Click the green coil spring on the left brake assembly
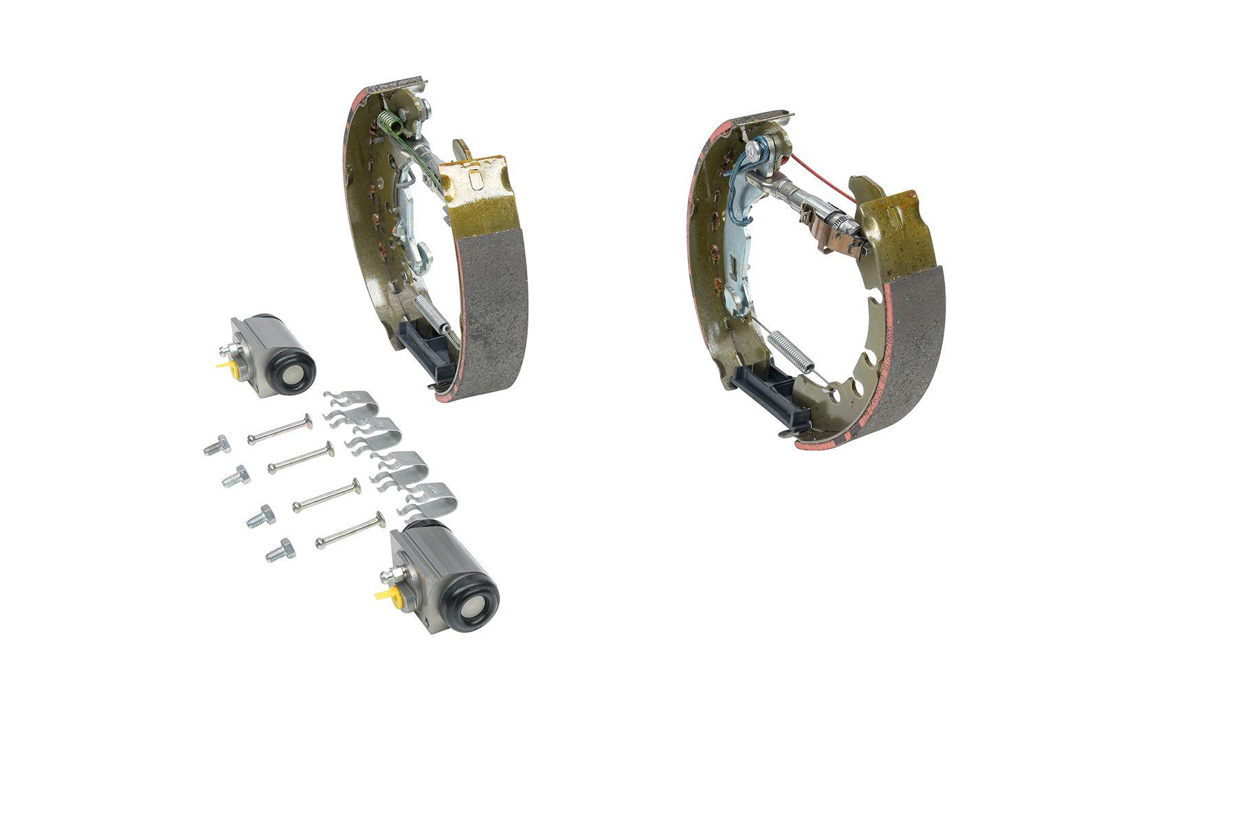pyautogui.click(x=388, y=127)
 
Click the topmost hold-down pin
pyautogui.click(x=279, y=430)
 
